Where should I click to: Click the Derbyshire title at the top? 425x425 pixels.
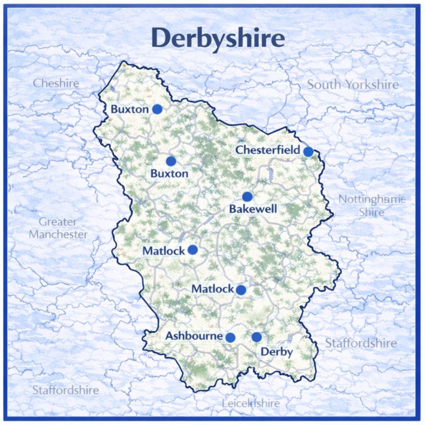tap(218, 39)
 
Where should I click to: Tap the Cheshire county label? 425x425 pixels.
tap(56, 84)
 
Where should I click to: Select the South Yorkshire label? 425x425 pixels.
tap(352, 85)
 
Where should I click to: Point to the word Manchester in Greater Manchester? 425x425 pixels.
tap(58, 234)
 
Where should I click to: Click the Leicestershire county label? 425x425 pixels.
tap(250, 403)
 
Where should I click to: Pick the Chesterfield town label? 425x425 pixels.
tap(268, 150)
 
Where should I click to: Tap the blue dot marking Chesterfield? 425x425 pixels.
tap(308, 152)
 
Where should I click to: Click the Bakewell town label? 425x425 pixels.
tap(253, 209)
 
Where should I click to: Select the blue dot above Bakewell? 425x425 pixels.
tap(247, 197)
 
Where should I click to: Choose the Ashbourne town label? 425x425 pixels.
tap(194, 336)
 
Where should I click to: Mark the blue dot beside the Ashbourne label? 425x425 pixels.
tap(230, 337)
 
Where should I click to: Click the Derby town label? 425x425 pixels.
tap(277, 352)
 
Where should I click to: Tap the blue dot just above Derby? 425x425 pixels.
tap(256, 337)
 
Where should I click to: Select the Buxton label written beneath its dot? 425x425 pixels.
tap(169, 174)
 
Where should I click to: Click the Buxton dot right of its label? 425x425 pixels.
tap(157, 109)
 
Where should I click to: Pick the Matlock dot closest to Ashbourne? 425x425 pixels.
tap(241, 290)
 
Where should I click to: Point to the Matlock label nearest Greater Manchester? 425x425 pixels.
tap(164, 251)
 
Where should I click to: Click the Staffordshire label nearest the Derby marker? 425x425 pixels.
tap(361, 343)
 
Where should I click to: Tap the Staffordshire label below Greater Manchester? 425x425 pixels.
tap(66, 390)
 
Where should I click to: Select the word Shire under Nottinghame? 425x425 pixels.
tap(371, 212)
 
